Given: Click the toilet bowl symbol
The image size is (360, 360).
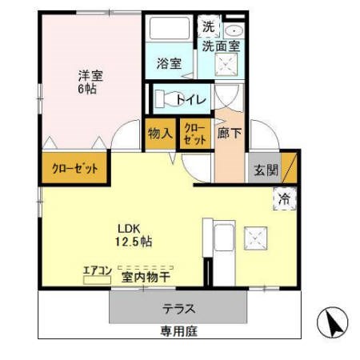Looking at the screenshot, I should [x=166, y=100].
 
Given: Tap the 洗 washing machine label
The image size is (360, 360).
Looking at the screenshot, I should [x=208, y=26].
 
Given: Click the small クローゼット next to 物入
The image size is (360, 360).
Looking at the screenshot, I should [x=194, y=134].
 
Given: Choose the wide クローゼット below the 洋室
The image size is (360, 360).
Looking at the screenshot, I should [x=75, y=169].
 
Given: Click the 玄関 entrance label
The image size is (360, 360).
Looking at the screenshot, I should [x=266, y=170].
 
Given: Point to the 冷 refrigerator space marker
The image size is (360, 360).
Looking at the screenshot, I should [x=283, y=198].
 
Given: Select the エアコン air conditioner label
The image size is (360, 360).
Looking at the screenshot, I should [x=97, y=270].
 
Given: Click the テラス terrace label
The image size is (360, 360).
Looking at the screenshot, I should [x=178, y=308].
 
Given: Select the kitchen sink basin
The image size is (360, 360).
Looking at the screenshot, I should [x=223, y=238].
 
